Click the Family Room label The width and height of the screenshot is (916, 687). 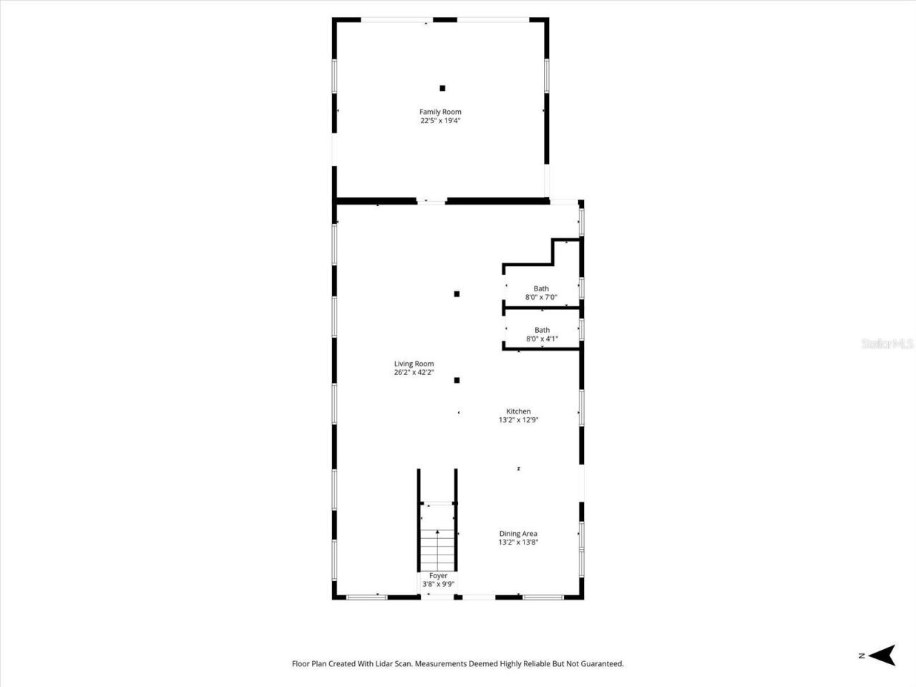(440, 112)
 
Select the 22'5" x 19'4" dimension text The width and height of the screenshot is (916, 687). (440, 121)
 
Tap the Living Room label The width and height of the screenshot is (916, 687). (414, 364)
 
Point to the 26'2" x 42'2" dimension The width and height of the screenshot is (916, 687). (414, 372)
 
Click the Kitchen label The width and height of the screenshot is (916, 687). (518, 411)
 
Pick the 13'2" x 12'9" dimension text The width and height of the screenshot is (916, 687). (518, 420)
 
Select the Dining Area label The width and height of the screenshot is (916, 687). (518, 534)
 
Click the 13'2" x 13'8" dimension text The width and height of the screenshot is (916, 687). (518, 542)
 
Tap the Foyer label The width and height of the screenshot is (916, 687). (438, 575)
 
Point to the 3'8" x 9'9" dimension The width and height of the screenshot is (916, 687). (438, 584)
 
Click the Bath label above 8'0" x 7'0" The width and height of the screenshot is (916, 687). (541, 288)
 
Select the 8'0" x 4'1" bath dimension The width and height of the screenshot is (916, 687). (542, 339)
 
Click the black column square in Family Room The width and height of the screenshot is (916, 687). (442, 88)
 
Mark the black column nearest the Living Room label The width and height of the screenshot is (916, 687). (457, 380)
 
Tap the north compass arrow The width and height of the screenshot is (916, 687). (885, 655)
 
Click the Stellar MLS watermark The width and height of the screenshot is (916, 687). (887, 344)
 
